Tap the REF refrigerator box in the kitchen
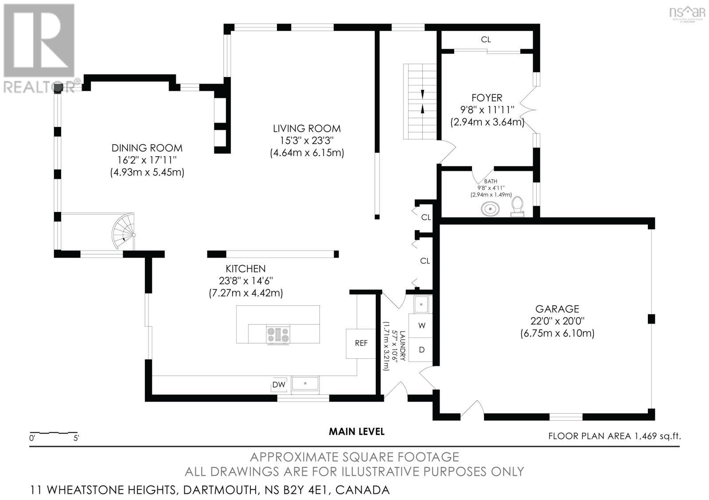(361, 343)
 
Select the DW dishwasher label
(279, 385)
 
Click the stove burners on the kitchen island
(277, 335)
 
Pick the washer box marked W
(421, 326)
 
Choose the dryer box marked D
(421, 350)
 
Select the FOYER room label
(487, 98)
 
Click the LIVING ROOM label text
(307, 129)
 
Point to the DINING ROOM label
(147, 148)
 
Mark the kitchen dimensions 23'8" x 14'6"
(245, 281)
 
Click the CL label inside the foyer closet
(486, 39)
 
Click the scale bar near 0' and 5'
(53, 432)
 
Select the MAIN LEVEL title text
(356, 431)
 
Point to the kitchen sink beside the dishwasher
(305, 383)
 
